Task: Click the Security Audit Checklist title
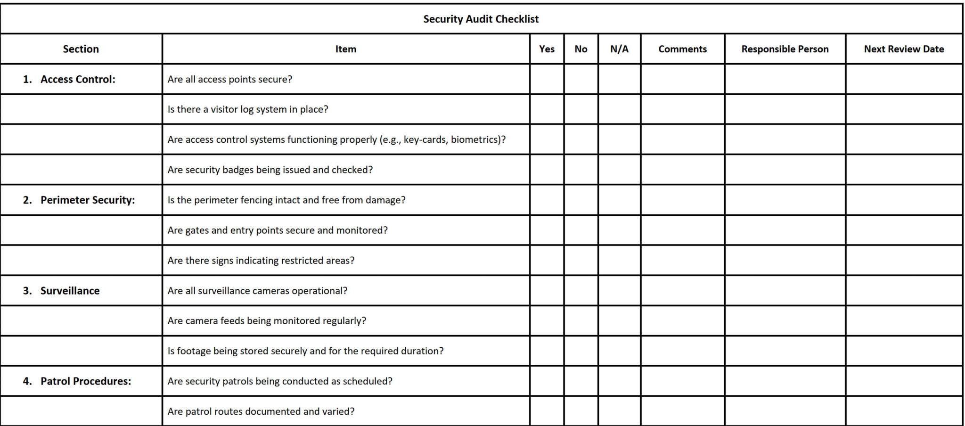click(x=481, y=19)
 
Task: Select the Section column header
click(x=81, y=49)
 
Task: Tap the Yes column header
click(x=547, y=49)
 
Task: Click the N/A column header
click(x=619, y=49)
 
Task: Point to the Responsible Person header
click(x=785, y=49)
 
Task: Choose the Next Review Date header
click(x=904, y=49)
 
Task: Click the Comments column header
click(x=682, y=49)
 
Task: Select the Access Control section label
click(x=77, y=79)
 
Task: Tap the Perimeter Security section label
click(x=87, y=200)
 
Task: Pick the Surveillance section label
click(x=70, y=291)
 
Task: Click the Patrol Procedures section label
click(x=85, y=381)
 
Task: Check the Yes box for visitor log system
click(x=547, y=109)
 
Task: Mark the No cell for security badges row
click(x=581, y=170)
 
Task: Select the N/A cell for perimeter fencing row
click(x=619, y=200)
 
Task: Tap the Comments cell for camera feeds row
click(x=682, y=321)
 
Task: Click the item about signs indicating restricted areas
click(x=261, y=261)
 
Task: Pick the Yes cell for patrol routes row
click(x=547, y=411)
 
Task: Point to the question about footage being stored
click(x=305, y=351)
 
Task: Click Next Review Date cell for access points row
click(x=904, y=79)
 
